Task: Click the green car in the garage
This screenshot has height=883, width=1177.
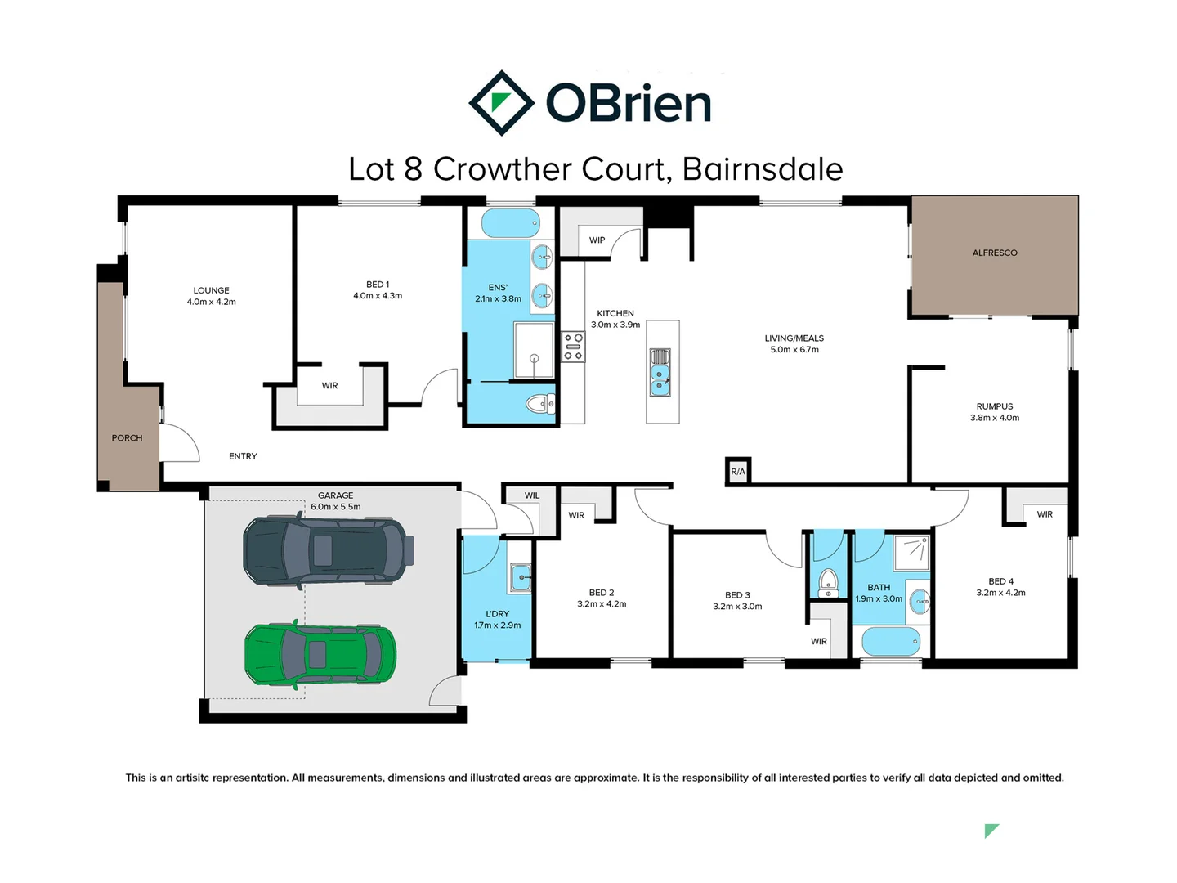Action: click(320, 654)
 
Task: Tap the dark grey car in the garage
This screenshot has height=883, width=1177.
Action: click(328, 549)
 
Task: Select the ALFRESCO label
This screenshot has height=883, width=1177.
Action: click(995, 253)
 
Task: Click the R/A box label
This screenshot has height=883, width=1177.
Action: click(738, 472)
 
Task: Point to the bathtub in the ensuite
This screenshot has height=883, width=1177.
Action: click(510, 223)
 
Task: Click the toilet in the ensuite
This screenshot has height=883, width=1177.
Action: click(539, 403)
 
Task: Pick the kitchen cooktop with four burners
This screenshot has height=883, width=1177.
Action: click(574, 347)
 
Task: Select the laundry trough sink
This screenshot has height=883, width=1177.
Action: click(520, 577)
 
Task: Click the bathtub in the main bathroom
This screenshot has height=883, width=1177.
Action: click(891, 641)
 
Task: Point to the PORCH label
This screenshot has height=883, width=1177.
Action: click(127, 438)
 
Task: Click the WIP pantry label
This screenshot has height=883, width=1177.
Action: click(597, 240)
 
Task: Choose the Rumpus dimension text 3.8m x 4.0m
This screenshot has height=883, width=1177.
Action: click(995, 418)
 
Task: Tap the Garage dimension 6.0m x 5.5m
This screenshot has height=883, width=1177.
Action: click(336, 507)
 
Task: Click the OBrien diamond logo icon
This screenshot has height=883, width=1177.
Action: click(501, 103)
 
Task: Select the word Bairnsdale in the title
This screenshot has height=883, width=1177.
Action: click(762, 169)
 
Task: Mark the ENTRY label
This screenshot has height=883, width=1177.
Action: click(243, 456)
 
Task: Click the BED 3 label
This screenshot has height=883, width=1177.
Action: click(737, 595)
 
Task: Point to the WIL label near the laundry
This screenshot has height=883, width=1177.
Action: click(532, 495)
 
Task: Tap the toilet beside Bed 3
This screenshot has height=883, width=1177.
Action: click(828, 582)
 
